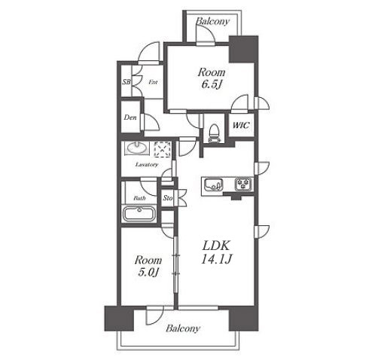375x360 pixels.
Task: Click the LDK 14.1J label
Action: [x=216, y=252]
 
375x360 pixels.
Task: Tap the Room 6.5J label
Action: [x=212, y=78]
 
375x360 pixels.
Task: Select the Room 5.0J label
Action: [x=148, y=266]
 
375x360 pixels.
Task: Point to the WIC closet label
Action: [x=241, y=125]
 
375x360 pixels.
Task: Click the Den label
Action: [x=130, y=117]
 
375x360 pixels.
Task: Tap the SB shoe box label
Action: [x=127, y=81]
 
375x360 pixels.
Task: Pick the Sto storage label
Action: [x=168, y=198]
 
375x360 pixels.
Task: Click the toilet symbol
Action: [x=214, y=133]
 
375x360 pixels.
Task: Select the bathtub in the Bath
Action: [x=139, y=214]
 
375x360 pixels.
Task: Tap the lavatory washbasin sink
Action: [x=137, y=148]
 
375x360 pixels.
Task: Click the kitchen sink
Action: [x=213, y=184]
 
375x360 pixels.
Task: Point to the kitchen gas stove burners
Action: [x=243, y=184]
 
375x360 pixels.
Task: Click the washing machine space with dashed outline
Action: [x=163, y=149]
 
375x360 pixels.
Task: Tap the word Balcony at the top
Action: [x=212, y=21]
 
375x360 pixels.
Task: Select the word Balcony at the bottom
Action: [x=183, y=328]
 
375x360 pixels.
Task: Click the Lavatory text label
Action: [x=147, y=165]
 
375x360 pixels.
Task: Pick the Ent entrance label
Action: [x=153, y=82]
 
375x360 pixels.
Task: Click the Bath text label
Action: [x=139, y=198]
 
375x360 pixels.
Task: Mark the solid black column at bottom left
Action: [x=119, y=319]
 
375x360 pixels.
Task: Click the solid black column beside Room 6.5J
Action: [x=244, y=49]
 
